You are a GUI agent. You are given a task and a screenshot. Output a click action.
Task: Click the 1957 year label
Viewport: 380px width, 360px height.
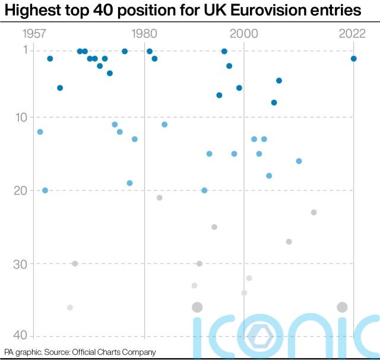click(35, 34)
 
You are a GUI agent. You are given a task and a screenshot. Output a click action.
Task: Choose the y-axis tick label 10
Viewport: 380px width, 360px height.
click(23, 117)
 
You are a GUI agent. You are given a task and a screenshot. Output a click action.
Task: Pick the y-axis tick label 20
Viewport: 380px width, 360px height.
click(23, 190)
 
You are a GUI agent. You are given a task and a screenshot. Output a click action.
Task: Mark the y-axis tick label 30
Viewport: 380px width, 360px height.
click(23, 263)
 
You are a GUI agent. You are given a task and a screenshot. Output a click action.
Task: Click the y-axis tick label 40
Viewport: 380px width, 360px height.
click(23, 336)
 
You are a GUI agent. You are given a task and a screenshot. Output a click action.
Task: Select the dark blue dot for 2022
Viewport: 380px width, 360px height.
click(354, 59)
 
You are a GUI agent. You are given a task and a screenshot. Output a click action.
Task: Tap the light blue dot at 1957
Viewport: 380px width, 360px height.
click(40, 132)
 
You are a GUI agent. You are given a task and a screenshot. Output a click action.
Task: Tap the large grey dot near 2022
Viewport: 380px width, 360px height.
click(342, 307)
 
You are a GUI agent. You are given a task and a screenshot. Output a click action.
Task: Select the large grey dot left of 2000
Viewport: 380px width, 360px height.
click(197, 307)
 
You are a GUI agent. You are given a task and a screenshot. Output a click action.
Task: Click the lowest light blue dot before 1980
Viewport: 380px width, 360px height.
click(129, 183)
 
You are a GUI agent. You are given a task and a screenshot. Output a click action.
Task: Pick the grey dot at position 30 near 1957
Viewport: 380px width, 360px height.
click(75, 263)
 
